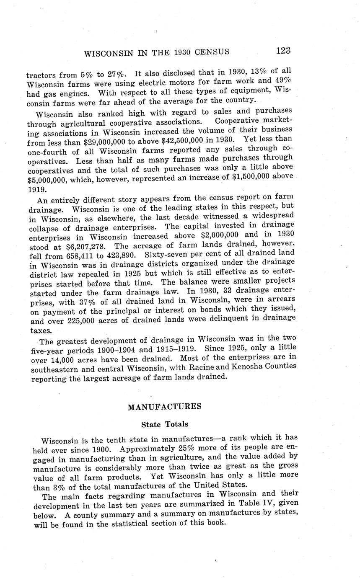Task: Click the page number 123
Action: coord(283,51)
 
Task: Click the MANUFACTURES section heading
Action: coord(164,407)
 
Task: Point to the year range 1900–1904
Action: coord(111,349)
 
